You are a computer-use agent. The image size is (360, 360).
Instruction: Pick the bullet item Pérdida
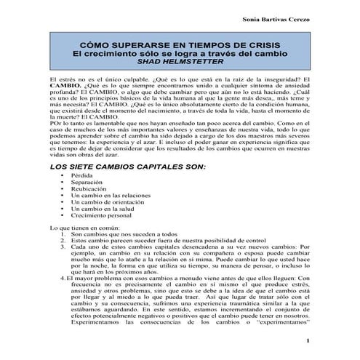click(82, 176)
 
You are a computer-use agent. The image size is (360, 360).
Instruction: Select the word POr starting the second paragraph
click(51, 124)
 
